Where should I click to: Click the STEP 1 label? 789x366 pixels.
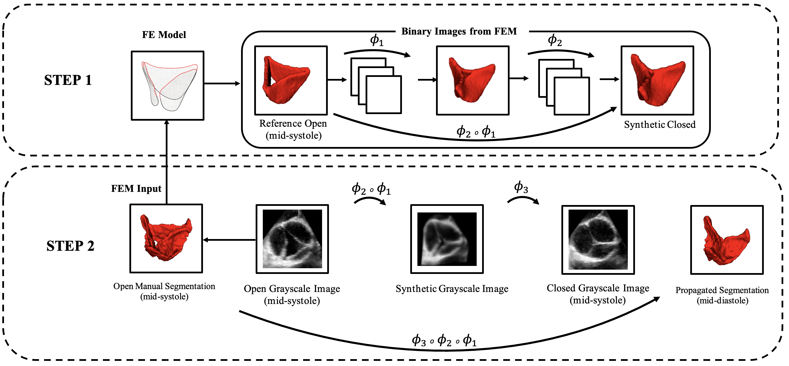(68, 80)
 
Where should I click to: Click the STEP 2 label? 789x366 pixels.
(70, 246)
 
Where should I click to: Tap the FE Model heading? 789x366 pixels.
(164, 35)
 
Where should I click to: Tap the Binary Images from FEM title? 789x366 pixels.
(459, 31)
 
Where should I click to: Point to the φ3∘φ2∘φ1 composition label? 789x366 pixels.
(444, 340)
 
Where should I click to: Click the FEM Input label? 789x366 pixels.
(136, 188)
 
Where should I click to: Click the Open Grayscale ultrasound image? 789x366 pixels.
(292, 239)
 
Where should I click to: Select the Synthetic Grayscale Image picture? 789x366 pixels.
(447, 239)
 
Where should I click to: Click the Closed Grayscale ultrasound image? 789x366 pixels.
(598, 240)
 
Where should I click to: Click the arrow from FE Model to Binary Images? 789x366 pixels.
(222, 83)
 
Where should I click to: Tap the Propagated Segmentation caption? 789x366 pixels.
(722, 295)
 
